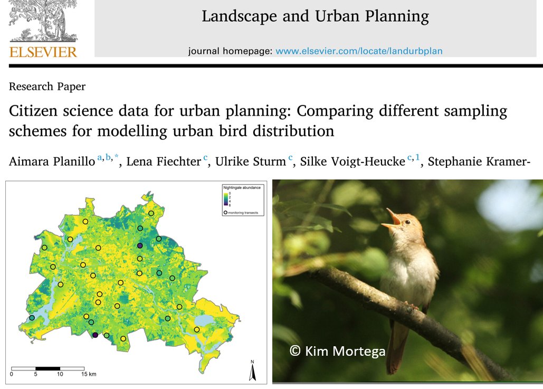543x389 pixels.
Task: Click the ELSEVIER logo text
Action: click(43, 52)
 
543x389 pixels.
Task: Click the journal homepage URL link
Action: click(359, 51)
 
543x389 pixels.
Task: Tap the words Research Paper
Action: click(47, 87)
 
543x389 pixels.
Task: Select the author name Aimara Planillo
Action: click(52, 161)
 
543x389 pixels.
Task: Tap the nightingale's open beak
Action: click(392, 218)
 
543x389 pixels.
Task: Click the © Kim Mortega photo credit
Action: click(337, 351)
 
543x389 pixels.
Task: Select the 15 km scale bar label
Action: click(88, 374)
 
